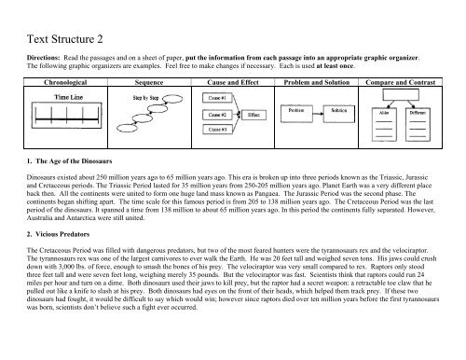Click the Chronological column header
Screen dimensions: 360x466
62,82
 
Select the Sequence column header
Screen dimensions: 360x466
149,82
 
